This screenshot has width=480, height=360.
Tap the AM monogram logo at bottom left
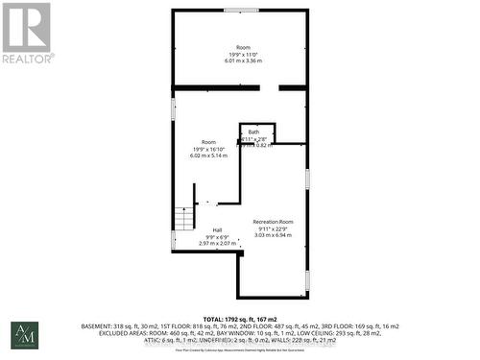click(24, 335)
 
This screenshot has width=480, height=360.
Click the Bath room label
click(253, 132)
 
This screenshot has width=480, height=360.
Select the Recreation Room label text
click(273, 222)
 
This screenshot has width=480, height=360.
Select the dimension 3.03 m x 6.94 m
click(273, 235)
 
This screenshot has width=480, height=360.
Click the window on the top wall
click(240, 11)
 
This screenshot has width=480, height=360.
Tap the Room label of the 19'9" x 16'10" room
click(209, 141)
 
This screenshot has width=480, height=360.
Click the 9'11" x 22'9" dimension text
click(273, 228)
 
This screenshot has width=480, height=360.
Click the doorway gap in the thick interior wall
click(270, 87)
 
